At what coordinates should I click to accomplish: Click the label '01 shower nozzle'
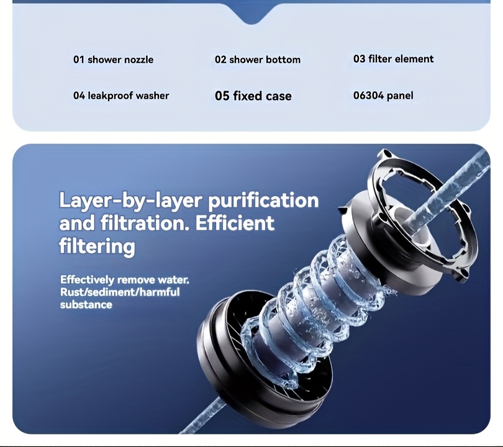point(113,60)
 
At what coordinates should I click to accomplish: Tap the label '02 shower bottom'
point(258,60)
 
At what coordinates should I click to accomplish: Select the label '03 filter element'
point(393,59)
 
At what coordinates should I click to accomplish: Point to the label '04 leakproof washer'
point(121,96)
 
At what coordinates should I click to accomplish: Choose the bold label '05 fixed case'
point(253,96)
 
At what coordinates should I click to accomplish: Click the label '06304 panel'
point(383,96)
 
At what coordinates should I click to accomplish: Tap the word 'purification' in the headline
point(263,201)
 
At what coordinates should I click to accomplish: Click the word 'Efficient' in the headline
point(235,223)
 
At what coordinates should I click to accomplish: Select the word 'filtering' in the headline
point(97,246)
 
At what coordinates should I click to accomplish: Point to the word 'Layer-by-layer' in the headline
point(131,201)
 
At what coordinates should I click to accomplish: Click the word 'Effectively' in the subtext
point(87,279)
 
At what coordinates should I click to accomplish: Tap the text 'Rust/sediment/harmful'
point(120,292)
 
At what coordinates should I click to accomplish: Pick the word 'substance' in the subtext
point(86,304)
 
